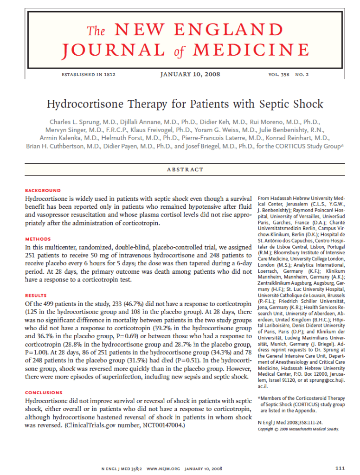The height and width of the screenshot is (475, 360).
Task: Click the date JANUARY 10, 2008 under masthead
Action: coord(190,74)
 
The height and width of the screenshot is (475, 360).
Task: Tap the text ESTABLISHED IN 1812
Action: coord(89,75)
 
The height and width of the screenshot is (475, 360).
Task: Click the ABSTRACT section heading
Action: coord(185,170)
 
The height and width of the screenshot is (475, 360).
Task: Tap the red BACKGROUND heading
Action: coord(43,190)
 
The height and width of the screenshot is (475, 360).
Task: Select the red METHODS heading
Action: coord(38,239)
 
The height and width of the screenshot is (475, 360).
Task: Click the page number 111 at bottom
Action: coord(340,468)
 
